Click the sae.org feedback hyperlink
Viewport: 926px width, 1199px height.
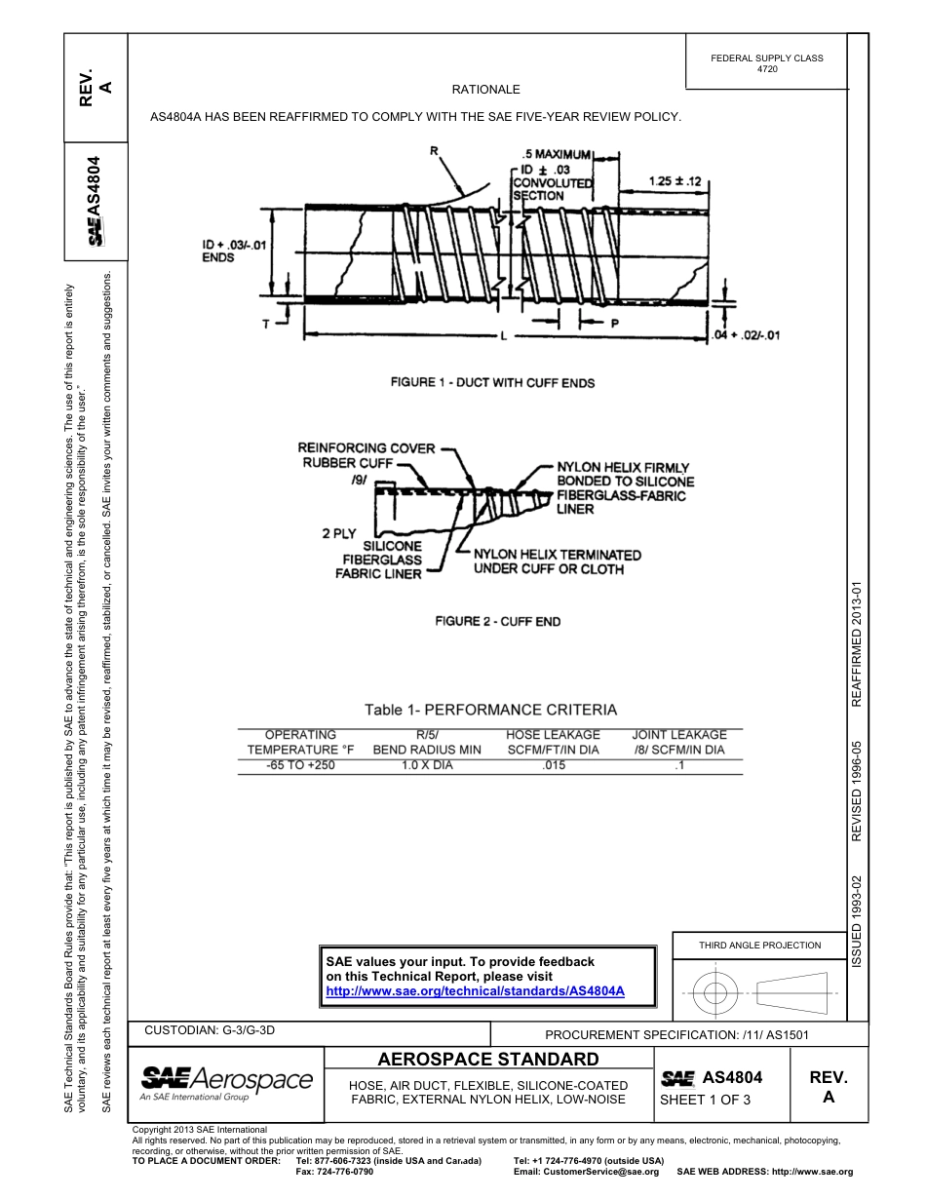point(475,990)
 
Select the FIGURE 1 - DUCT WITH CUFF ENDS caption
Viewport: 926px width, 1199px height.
point(492,383)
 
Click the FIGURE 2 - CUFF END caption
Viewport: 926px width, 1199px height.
point(497,622)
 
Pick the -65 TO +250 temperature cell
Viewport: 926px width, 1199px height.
point(300,765)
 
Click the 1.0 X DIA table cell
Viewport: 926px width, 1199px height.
point(427,765)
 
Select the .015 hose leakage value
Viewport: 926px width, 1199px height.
point(553,765)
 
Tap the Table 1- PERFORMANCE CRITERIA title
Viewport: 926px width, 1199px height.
point(490,710)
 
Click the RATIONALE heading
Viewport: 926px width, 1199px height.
point(485,90)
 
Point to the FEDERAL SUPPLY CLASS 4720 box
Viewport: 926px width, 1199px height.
point(767,63)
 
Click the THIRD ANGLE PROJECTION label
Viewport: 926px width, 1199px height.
point(759,945)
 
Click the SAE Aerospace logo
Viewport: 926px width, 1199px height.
point(226,1081)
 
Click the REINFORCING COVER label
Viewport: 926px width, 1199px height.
point(366,448)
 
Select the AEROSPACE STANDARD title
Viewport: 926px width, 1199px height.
point(487,1060)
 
